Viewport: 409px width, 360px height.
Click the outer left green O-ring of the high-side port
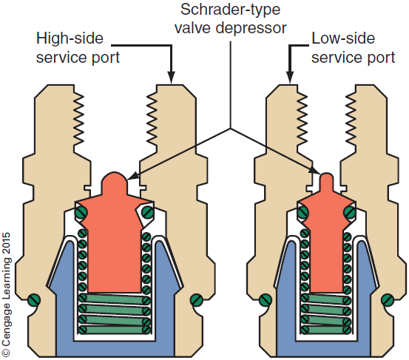pos(33,300)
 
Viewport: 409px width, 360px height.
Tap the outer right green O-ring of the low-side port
pos(390,300)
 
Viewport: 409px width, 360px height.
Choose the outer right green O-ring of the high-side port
pos(196,300)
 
